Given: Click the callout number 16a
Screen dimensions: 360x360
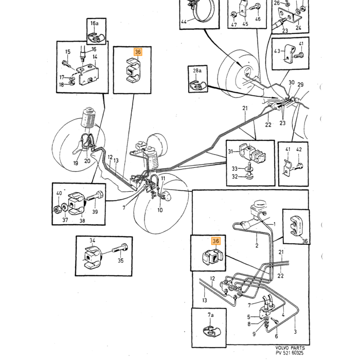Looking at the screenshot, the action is [94, 23].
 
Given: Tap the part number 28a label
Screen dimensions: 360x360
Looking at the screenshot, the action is [197, 70].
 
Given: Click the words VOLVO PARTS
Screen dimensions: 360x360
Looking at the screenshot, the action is [290, 348].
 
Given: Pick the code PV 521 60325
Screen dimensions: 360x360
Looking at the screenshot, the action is [290, 353].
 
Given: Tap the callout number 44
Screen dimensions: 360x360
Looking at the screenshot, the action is [184, 22].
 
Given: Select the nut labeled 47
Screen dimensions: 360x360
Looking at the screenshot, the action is [233, 14].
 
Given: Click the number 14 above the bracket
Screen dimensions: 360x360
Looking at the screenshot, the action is [95, 57].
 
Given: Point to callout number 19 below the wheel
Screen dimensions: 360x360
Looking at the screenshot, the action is [76, 163].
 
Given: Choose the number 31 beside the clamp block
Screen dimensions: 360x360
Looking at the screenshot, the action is [230, 152].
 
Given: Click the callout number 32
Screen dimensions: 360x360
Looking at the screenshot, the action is [235, 176].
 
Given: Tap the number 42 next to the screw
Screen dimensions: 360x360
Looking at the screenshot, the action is [299, 150].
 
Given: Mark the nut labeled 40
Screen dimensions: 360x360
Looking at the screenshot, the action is [57, 209].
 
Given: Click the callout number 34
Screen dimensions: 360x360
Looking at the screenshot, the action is [92, 240].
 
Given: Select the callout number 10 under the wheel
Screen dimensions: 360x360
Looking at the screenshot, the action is [160, 210].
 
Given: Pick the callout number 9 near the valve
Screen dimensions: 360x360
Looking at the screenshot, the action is [254, 334].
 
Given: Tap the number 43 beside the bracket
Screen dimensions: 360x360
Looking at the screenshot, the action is [277, 51].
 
